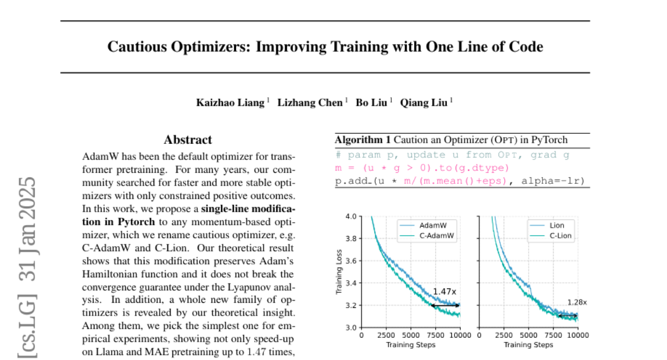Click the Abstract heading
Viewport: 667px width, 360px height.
click(x=188, y=140)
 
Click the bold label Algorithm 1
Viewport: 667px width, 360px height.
click(x=362, y=140)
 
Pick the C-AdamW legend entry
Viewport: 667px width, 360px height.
click(x=436, y=236)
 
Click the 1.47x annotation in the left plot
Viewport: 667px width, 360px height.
click(x=444, y=291)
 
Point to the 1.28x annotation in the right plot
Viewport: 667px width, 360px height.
click(x=577, y=302)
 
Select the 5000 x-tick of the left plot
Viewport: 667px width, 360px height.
click(x=411, y=336)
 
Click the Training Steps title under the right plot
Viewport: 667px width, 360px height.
click(x=528, y=344)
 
